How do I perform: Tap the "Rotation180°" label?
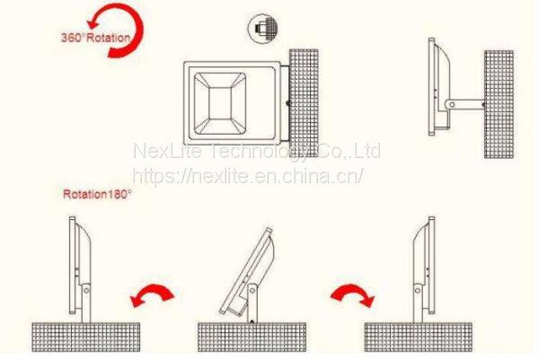coord(97,193)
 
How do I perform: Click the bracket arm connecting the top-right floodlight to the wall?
coord(465,106)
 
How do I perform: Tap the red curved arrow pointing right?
coord(351,295)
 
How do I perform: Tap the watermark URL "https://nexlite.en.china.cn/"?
coord(247,175)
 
